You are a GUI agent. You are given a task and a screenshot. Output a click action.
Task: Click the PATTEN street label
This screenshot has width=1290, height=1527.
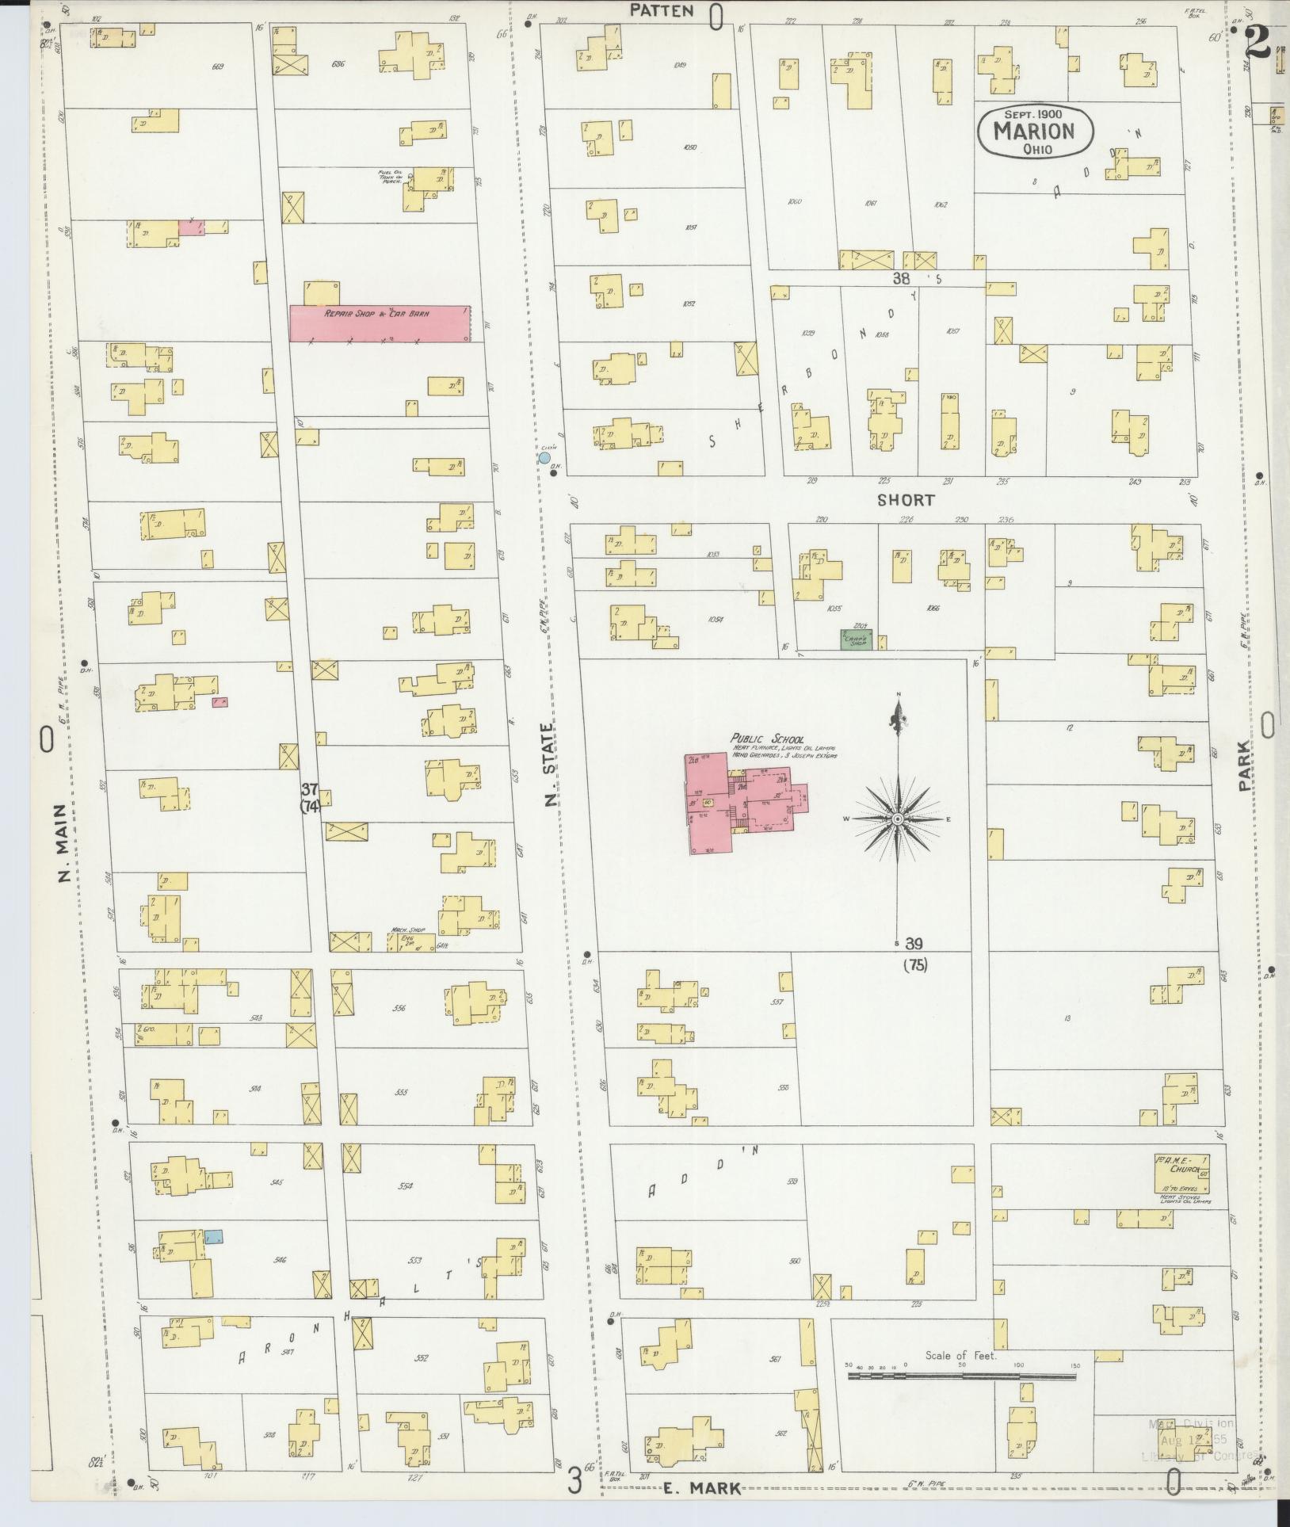point(662,10)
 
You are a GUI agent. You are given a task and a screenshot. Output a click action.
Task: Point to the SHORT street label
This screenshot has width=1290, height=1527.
point(906,500)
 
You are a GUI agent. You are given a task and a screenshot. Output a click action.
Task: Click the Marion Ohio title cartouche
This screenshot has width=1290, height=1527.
point(1034,130)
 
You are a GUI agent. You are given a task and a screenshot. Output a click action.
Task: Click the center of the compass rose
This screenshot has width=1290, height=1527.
point(898,819)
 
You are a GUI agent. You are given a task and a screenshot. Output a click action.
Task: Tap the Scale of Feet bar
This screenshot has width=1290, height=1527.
point(961,1376)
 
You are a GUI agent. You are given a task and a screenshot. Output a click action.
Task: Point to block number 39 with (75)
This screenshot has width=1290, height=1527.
point(914,953)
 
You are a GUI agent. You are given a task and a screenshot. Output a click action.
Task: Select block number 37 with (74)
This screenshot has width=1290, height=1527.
point(310,797)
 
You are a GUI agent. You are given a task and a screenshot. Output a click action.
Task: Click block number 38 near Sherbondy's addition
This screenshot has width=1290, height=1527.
point(902,278)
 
